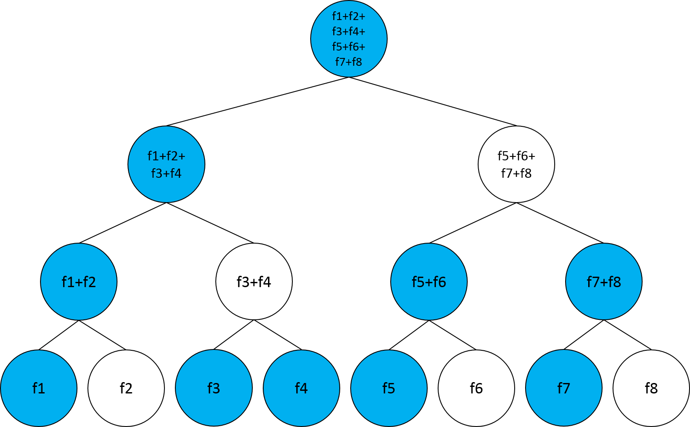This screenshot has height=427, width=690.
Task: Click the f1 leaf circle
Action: point(39,388)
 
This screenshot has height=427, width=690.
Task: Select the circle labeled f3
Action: point(214,388)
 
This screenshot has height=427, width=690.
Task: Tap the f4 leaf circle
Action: point(301,388)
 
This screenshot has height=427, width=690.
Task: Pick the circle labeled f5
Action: point(389,388)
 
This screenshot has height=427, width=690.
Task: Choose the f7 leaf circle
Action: point(563,388)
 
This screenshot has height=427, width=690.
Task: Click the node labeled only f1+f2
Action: point(79,282)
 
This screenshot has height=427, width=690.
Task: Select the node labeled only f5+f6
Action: point(429,282)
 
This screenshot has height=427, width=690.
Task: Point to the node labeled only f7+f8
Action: point(603,282)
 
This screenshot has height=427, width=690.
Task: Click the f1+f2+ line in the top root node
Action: point(348,17)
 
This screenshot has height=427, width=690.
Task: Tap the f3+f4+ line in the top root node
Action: point(348,32)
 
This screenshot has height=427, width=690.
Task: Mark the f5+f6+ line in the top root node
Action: point(348,47)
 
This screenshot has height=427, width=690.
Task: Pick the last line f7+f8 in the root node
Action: point(348,62)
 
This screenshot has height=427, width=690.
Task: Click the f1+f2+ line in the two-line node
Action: point(166,156)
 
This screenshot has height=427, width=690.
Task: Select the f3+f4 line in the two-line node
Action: point(166,173)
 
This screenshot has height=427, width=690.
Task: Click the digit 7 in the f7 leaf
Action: point(566,388)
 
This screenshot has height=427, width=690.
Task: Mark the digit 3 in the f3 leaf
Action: point(216,388)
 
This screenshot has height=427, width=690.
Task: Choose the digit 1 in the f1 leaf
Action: point(41,388)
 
